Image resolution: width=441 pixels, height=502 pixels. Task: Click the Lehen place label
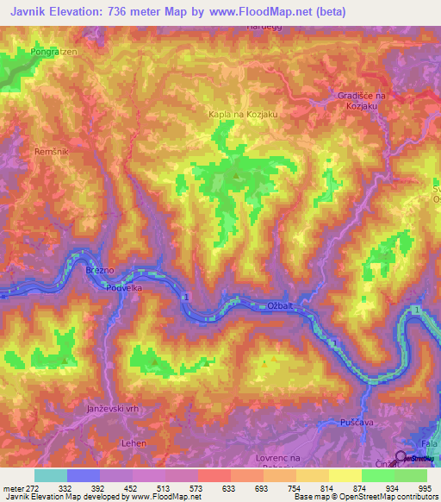(x=110, y=442)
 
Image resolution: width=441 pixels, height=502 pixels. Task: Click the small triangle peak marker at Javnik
(x=236, y=178)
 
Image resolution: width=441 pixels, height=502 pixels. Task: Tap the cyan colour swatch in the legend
(x=51, y=475)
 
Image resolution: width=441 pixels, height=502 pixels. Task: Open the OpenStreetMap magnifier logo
(x=402, y=457)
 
